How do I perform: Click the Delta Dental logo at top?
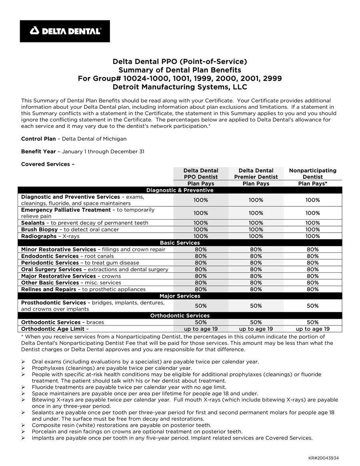tap(65, 31)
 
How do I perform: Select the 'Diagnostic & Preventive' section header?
tap(180, 190)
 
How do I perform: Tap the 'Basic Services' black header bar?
tap(180, 243)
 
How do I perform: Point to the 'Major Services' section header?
tap(180, 296)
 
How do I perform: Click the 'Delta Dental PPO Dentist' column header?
tap(201, 174)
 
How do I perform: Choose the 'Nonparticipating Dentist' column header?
tap(313, 174)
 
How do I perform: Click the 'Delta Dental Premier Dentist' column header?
tap(256, 174)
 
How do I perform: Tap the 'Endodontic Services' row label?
tap(50, 256)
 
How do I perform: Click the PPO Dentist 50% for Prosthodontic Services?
tap(201, 306)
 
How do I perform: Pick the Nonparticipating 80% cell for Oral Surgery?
tap(313, 270)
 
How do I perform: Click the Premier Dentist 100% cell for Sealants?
tap(256, 223)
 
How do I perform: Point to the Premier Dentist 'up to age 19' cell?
tap(256, 329)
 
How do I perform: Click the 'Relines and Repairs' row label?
tap(48, 289)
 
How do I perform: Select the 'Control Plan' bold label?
tap(38, 139)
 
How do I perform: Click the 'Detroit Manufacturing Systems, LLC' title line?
tap(180, 87)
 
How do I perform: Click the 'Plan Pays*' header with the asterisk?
tap(313, 184)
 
